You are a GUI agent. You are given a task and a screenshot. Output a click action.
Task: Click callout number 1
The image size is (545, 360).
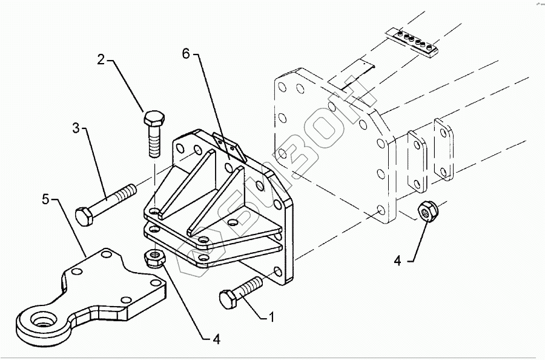click(x=271, y=316)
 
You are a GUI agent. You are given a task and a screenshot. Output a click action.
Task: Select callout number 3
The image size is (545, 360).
click(x=76, y=128)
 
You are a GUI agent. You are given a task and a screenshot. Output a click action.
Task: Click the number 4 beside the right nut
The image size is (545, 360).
click(x=398, y=261)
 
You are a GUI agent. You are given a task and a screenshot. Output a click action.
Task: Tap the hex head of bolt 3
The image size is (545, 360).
click(x=84, y=215)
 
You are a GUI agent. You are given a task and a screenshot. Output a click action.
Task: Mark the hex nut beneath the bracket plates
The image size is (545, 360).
click(x=155, y=258)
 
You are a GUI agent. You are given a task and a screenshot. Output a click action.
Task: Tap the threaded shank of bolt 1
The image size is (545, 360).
click(x=251, y=285)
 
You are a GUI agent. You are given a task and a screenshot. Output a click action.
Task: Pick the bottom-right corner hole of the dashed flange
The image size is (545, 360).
click(x=381, y=210)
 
